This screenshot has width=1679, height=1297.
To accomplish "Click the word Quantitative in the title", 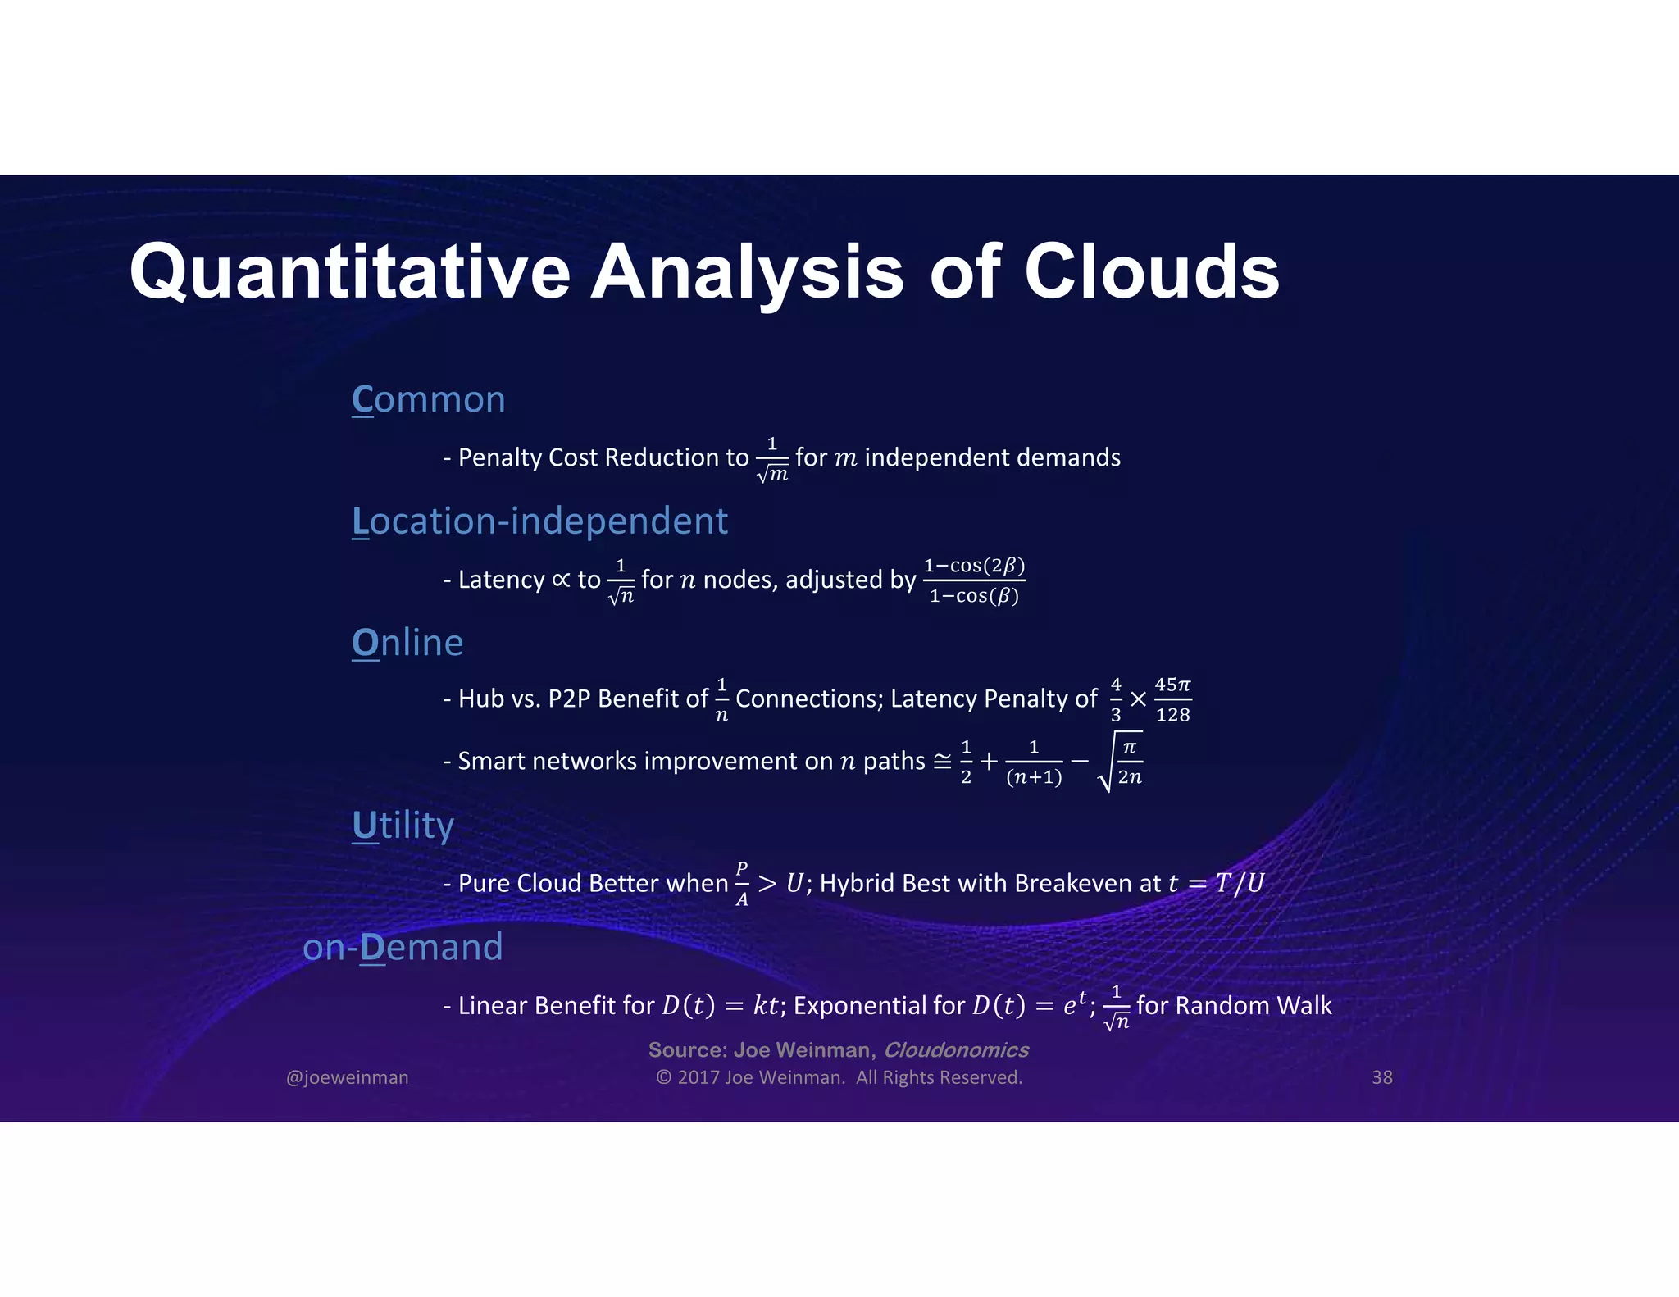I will [349, 273].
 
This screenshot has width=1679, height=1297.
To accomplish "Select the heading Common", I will [428, 400].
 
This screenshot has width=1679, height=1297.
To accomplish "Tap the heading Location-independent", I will [539, 521].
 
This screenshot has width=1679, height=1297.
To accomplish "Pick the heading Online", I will [407, 643].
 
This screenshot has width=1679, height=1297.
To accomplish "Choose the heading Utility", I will [403, 826].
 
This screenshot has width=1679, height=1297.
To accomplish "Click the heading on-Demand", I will [403, 947].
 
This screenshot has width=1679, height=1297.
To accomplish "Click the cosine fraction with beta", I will [974, 580].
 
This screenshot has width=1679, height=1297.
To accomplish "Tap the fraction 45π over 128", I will [1172, 699].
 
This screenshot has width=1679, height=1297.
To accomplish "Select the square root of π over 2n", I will [1121, 762].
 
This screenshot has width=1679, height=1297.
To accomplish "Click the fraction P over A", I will [741, 884].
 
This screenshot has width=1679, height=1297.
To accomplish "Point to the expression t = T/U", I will [1216, 883].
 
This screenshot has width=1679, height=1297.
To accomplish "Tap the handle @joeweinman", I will [347, 1077].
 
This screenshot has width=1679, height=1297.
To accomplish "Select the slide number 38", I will [1381, 1077].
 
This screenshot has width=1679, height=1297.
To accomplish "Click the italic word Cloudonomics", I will [955, 1050].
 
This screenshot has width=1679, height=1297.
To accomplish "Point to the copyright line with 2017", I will [839, 1077].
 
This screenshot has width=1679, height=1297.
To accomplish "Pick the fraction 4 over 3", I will [1115, 699].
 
